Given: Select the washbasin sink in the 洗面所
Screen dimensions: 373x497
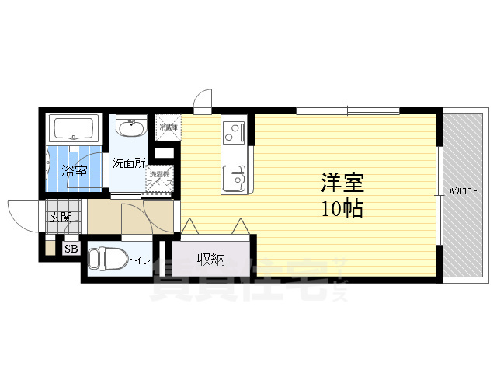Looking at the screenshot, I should click(x=131, y=126).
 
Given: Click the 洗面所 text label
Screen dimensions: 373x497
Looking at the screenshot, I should click(x=129, y=163).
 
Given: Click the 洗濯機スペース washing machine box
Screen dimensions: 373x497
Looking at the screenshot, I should click(x=161, y=179).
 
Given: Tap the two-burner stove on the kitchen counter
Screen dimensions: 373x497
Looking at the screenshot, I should click(x=232, y=133).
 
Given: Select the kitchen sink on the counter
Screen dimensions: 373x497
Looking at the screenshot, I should click(x=233, y=180).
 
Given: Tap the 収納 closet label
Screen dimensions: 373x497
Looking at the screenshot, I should click(x=210, y=259).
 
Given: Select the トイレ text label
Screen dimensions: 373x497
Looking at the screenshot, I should click(x=140, y=260).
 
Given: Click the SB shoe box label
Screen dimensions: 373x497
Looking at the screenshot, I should click(x=71, y=249).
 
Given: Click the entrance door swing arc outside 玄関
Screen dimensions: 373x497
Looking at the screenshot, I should click(x=21, y=213).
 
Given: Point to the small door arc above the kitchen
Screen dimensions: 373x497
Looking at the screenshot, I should click(x=202, y=99).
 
